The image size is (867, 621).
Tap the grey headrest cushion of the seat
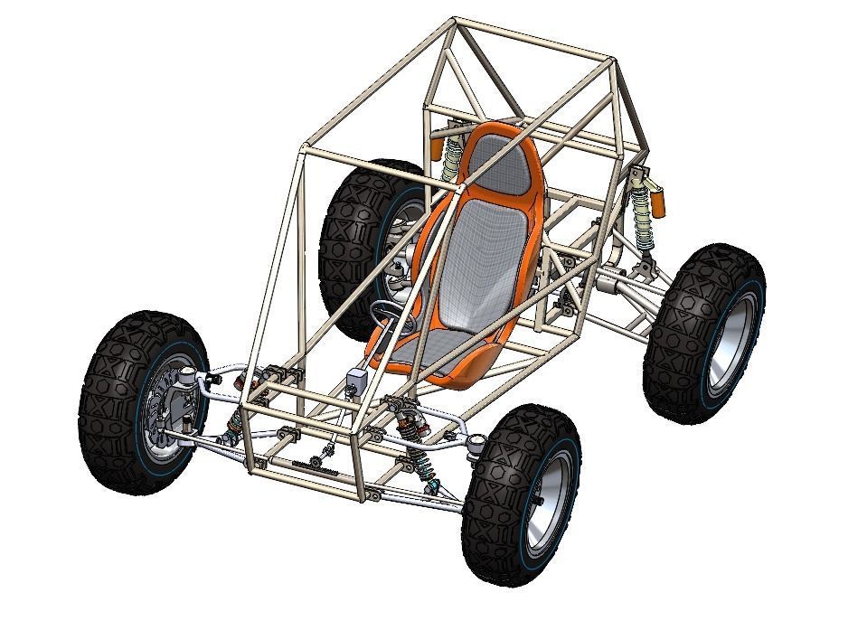(502, 164)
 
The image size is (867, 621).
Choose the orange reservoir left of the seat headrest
(435, 146)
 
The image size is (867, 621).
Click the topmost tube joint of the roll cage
(455, 19)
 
